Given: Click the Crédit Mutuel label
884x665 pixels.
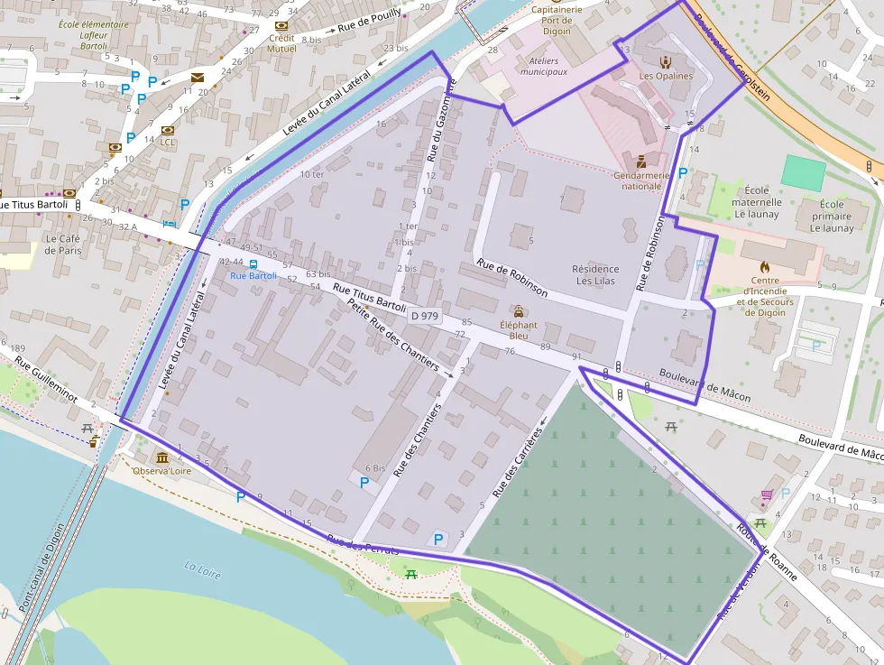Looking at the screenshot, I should coord(281,43).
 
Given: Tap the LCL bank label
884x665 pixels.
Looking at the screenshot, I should coord(168,142).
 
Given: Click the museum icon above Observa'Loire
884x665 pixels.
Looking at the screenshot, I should coord(161,457).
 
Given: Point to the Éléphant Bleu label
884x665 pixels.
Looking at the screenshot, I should coord(518,330).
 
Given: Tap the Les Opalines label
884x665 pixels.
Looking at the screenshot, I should coord(666,76).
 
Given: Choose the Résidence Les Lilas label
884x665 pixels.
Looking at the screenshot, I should coord(595,274).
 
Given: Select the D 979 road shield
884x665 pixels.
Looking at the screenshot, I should coord(424,316).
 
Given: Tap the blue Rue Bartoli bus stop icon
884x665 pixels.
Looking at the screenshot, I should coord(253,264).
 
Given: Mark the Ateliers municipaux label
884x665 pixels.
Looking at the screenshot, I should coord(544,66).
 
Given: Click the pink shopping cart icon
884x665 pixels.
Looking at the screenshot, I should coord(766,494).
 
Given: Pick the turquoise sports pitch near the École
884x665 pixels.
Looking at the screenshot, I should coord(803,172).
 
